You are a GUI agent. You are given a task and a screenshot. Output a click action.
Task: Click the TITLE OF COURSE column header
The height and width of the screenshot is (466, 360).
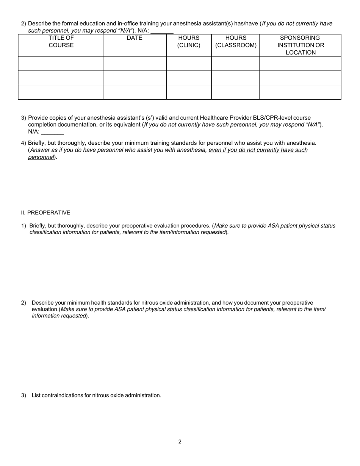(61, 42)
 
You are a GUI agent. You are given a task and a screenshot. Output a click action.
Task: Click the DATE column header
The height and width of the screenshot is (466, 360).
(135, 38)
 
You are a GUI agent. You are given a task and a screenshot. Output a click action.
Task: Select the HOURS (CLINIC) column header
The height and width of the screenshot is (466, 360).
(189, 42)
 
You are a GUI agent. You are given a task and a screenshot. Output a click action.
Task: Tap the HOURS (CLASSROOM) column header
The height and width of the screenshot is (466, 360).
(236, 42)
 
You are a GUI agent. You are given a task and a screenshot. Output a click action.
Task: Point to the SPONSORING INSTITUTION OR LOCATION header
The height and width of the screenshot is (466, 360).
(301, 45)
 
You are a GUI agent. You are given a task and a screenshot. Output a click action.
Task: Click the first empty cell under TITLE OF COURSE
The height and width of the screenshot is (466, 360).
(61, 64)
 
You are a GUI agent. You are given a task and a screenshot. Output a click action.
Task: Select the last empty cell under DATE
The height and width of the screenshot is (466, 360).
(135, 92)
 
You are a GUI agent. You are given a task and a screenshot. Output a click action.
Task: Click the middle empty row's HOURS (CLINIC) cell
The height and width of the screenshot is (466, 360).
(189, 78)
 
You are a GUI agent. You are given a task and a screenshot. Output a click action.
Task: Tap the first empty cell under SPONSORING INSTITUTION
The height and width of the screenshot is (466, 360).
(300, 64)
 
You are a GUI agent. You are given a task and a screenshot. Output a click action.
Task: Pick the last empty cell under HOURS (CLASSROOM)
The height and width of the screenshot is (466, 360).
(235, 92)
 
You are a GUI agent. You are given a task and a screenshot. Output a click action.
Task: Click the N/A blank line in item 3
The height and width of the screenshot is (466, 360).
(52, 133)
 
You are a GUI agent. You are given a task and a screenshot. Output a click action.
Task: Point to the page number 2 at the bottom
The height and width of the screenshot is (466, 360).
(180, 441)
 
